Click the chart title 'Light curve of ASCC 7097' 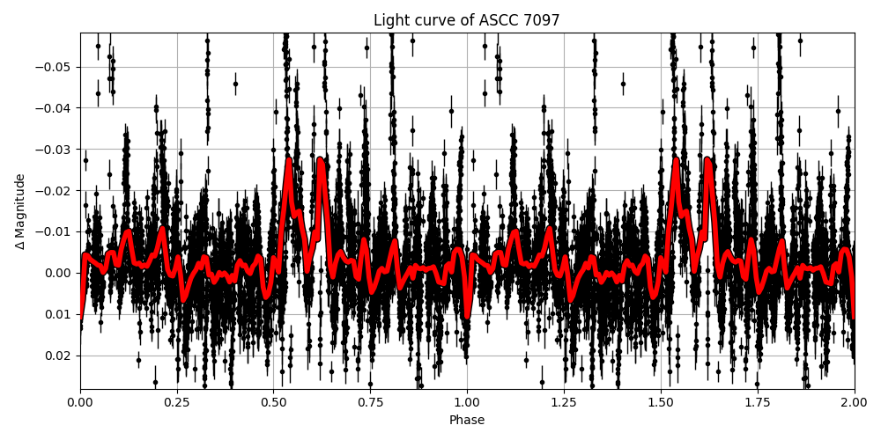466,20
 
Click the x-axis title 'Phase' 466,421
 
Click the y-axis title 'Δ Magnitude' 20,211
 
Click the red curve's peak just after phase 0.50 288,160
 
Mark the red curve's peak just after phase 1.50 676,160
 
